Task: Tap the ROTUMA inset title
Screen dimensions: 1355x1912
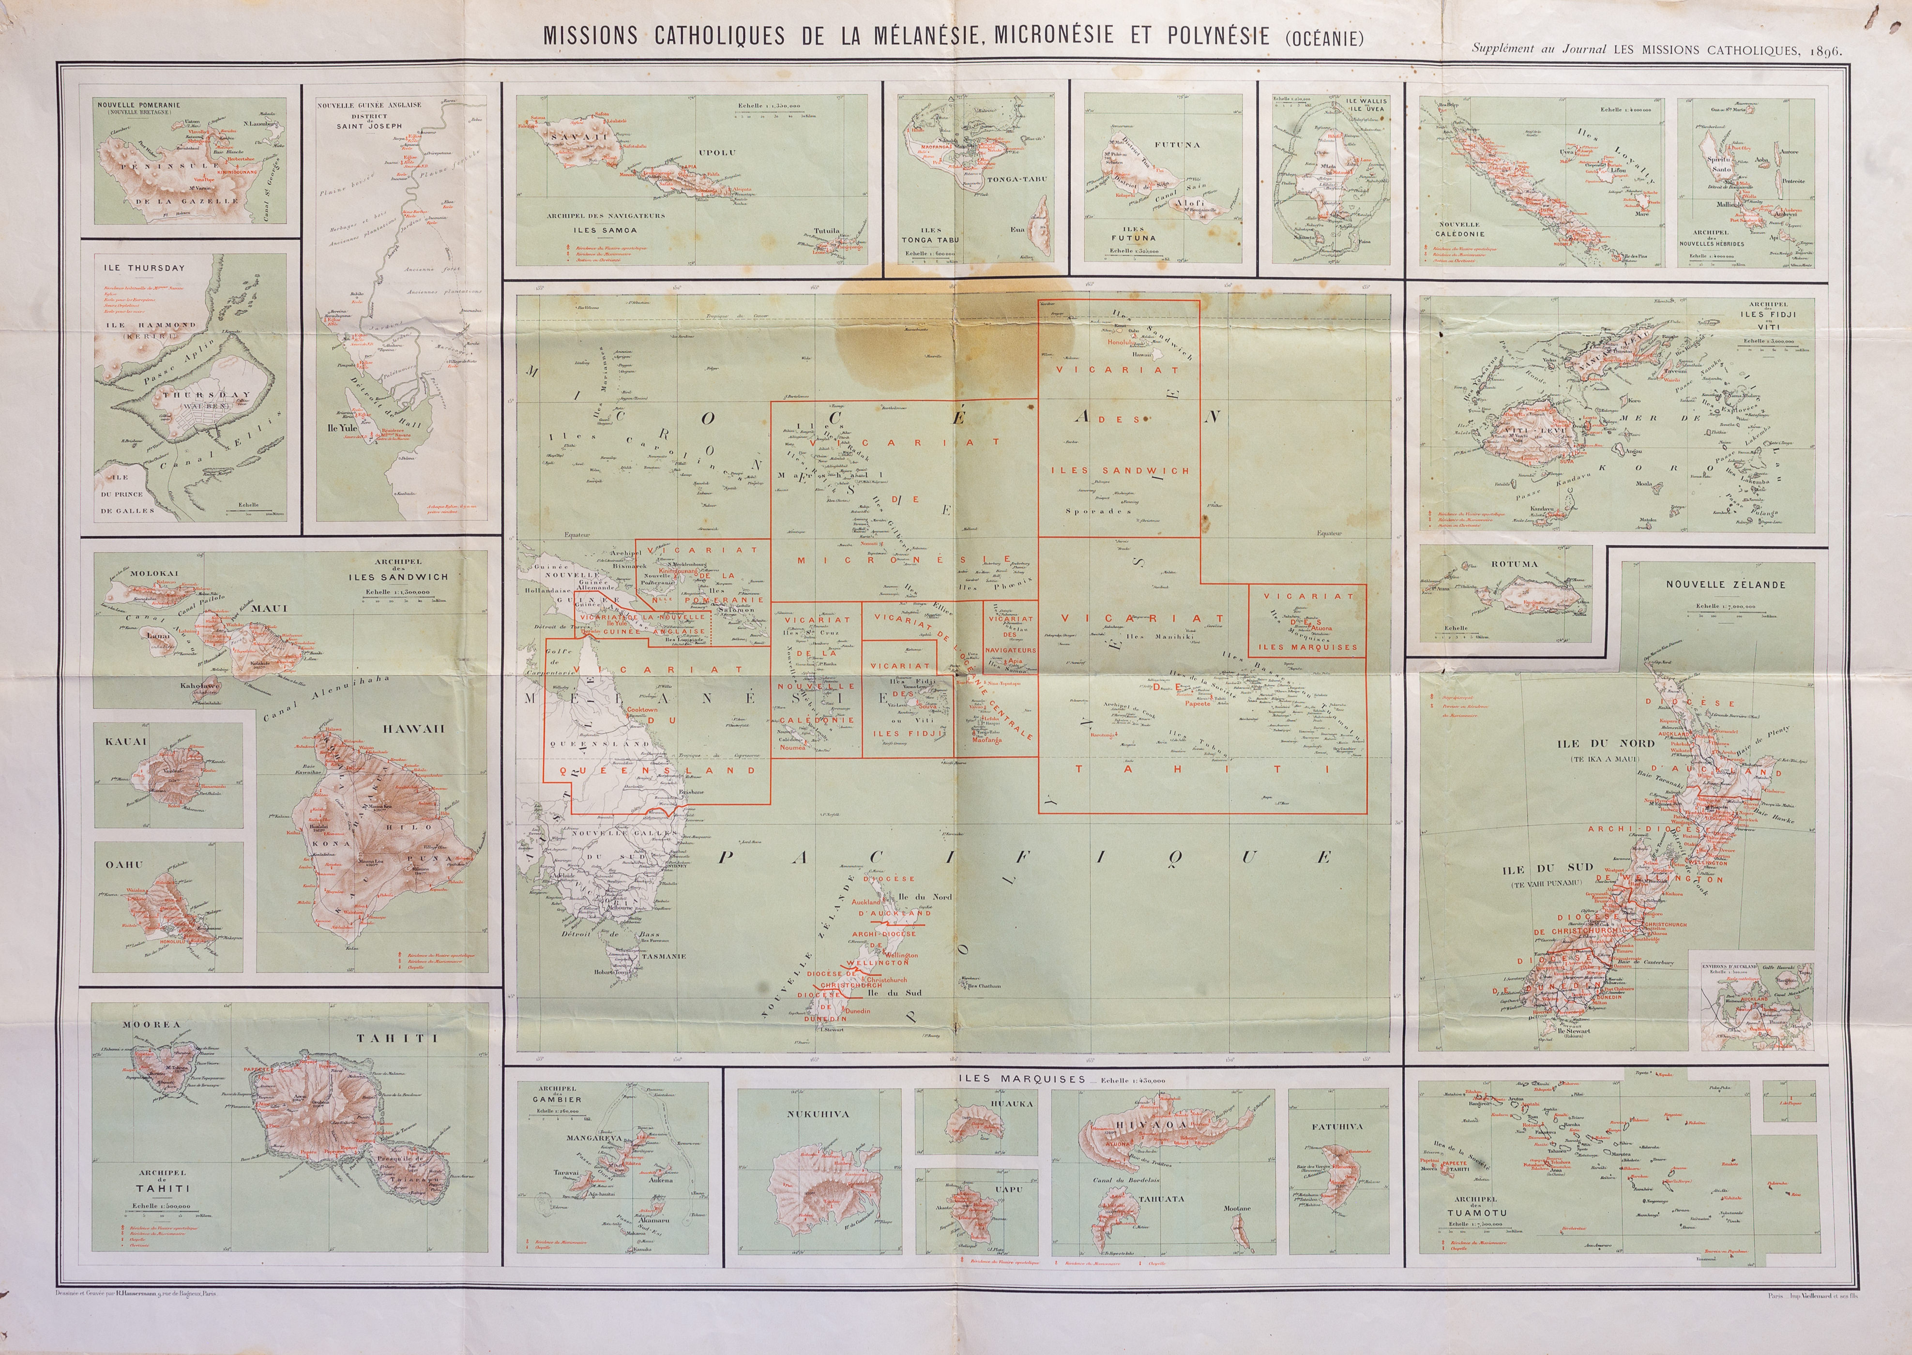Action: (1514, 564)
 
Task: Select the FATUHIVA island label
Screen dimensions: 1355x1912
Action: (1337, 1127)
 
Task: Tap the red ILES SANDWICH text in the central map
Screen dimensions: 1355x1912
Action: (1119, 470)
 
